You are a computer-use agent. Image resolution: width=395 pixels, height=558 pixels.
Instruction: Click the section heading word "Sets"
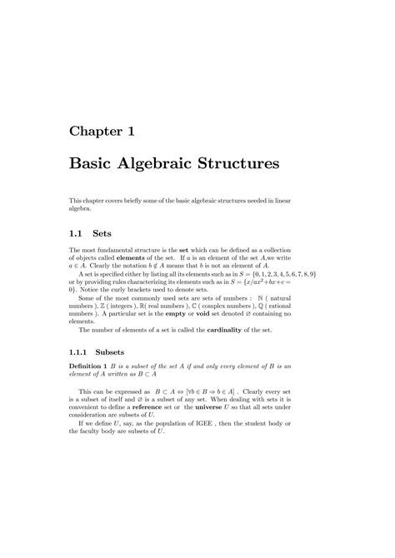pos(112,236)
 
